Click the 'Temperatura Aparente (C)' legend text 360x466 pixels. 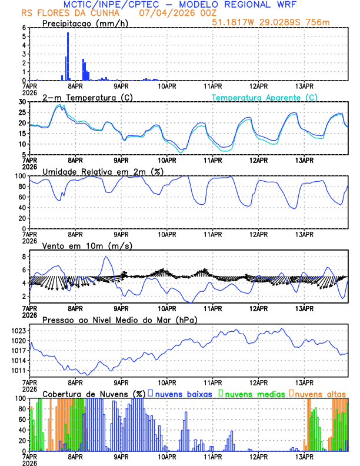pyautogui.click(x=264, y=97)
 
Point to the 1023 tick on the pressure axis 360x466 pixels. pyautogui.click(x=18, y=331)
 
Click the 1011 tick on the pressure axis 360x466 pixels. pyautogui.click(x=18, y=371)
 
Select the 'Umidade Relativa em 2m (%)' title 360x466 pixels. pyautogui.click(x=100, y=171)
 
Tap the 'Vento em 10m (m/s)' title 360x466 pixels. pyautogui.click(x=83, y=245)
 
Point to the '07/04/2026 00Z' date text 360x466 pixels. pyautogui.click(x=171, y=13)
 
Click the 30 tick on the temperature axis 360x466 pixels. pyautogui.click(x=21, y=102)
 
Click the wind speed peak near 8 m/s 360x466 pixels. pyautogui.click(x=106, y=257)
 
